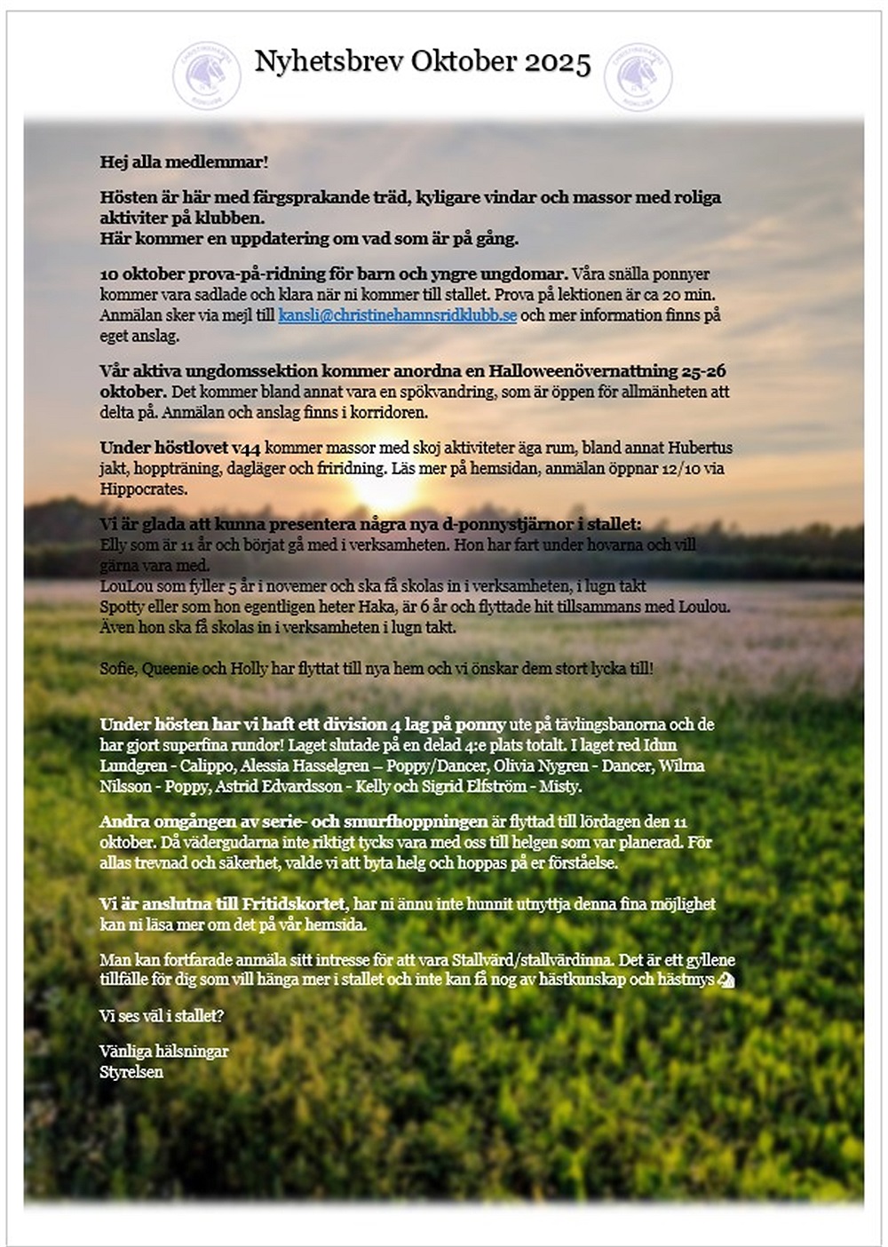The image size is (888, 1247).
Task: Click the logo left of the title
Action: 206,75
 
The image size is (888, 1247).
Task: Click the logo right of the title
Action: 638,76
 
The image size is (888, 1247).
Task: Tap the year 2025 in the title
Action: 557,62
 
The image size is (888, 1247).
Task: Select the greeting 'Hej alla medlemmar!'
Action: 184,162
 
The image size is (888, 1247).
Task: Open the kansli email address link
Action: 397,315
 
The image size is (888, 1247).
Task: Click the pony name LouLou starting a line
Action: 123,586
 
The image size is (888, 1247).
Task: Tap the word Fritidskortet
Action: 292,904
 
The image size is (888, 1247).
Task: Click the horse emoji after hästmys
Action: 725,980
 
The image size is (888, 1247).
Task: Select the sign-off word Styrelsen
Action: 131,1071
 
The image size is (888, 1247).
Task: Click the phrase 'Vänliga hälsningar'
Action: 163,1051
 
